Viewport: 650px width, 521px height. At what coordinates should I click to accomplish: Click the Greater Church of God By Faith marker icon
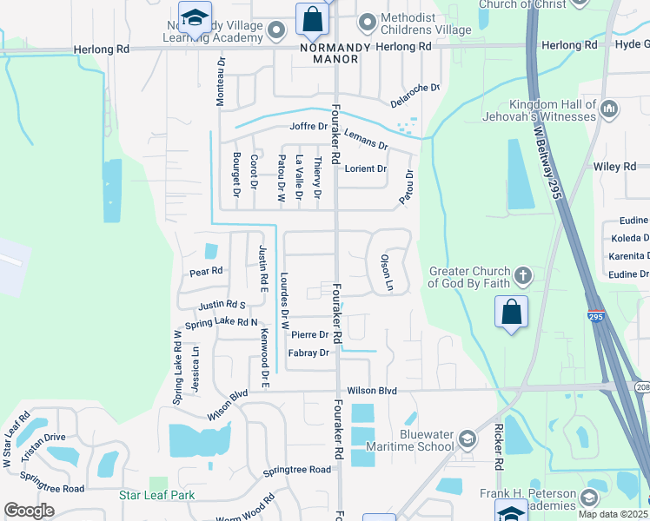pos(522,277)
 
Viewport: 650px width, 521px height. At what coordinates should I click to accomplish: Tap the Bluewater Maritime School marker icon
pos(467,439)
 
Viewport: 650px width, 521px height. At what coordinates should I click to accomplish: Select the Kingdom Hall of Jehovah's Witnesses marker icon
pos(609,109)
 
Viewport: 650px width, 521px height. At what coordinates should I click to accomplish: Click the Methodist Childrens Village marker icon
pos(368,20)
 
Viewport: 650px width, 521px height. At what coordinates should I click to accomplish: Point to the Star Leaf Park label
pos(156,495)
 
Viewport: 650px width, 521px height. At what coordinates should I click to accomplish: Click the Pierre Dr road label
pos(310,334)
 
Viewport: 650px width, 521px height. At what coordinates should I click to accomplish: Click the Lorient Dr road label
pos(366,168)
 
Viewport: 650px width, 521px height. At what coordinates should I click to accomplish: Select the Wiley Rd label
pos(614,166)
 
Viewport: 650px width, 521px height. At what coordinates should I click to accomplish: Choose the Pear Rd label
pos(207,272)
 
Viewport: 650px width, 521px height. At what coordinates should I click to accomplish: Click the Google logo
pos(29,510)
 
